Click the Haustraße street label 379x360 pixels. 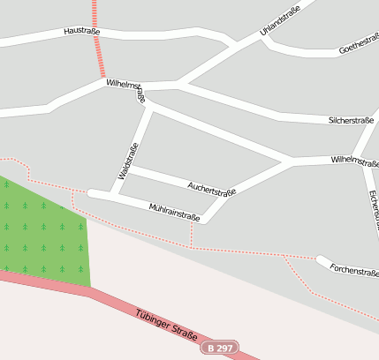pyautogui.click(x=81, y=32)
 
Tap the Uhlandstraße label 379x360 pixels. pyautogui.click(x=280, y=20)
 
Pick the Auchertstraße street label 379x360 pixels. pyautogui.click(x=212, y=187)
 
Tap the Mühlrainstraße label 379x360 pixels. pyautogui.click(x=174, y=211)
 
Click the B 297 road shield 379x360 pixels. pyautogui.click(x=220, y=348)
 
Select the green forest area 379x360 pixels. pyautogui.click(x=44, y=234)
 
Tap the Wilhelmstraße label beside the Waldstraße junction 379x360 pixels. pyautogui.click(x=125, y=86)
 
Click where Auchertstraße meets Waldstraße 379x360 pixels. pyautogui.click(x=130, y=167)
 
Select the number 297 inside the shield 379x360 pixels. pyautogui.click(x=225, y=348)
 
